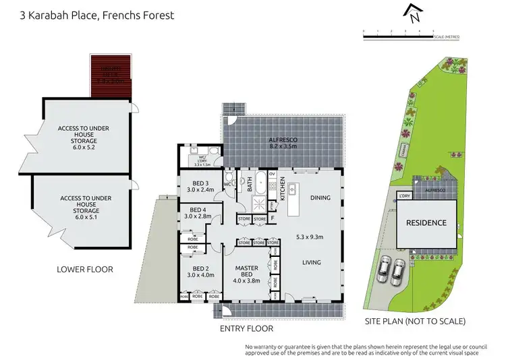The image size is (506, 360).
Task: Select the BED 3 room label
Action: tap(200, 183)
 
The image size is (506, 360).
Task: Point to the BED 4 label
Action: tap(200, 209)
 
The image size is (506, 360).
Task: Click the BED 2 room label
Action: tap(200, 268)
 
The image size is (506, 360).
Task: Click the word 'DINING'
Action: tap(320, 198)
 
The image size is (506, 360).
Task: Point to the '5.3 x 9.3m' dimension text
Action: tap(310, 237)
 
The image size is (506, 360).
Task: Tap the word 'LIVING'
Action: tap(311, 262)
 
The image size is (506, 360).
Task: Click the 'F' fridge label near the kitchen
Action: tap(272, 219)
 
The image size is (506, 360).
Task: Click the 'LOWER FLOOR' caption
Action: tap(85, 269)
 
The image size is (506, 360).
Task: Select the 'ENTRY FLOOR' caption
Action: tap(246, 328)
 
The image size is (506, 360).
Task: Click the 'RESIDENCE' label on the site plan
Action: tap(425, 222)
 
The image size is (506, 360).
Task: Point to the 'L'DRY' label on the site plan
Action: tap(405, 196)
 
